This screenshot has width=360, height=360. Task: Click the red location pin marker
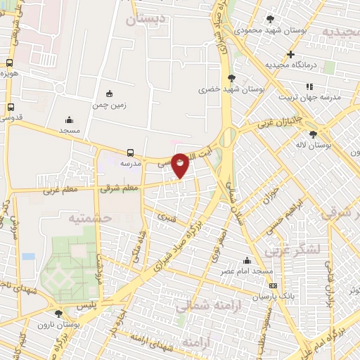pos(181,165)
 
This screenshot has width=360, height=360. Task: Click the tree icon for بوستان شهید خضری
pos(231,78)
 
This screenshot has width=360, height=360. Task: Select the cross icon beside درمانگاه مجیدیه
pos(290,54)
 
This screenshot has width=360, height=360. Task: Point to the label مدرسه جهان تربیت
pos(309,97)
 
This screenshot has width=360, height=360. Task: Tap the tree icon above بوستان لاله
pos(313,134)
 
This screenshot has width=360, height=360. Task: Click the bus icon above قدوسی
pos(10,106)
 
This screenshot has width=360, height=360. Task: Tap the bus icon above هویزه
pos(10,62)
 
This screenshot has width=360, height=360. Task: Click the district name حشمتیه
pos(90,218)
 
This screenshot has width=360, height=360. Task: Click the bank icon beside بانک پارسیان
pos(273,285)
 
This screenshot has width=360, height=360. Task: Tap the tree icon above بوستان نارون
pos(58,314)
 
